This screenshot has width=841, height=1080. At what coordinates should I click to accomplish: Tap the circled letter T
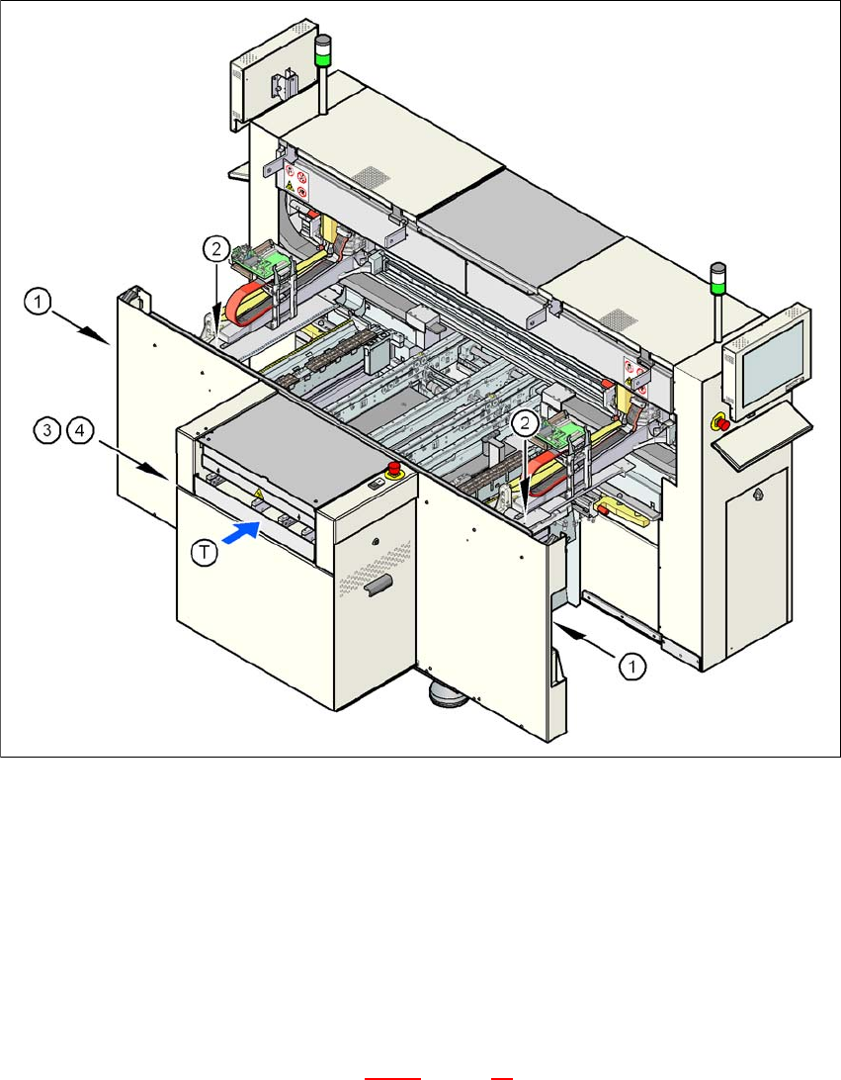click(x=204, y=555)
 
